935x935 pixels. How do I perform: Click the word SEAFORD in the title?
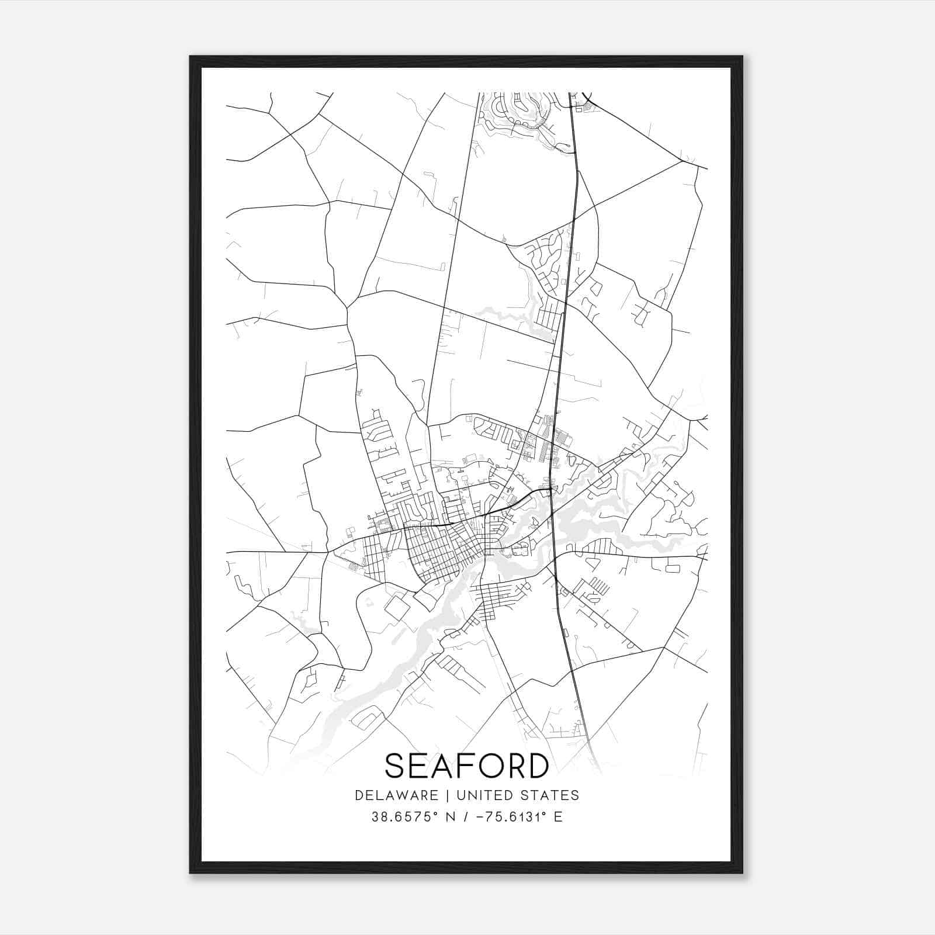pos(467,766)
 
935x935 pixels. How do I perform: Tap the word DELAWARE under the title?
pos(396,795)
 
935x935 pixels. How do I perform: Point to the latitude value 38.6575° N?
pos(410,817)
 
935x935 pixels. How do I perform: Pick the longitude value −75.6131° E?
pos(520,817)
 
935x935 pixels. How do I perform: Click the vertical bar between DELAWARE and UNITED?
pos(447,795)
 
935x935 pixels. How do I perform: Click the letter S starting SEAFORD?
pos(395,766)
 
